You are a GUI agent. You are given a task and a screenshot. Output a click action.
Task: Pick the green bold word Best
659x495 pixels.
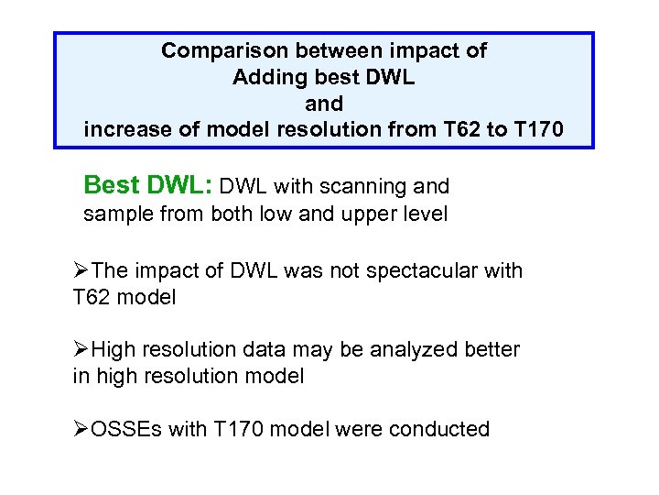[x=110, y=186]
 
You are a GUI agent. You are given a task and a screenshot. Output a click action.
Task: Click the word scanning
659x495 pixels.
[x=369, y=187]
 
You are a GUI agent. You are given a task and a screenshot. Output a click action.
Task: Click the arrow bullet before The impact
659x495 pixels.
[x=82, y=271]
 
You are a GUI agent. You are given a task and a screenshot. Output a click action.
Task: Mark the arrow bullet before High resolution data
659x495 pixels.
[x=82, y=350]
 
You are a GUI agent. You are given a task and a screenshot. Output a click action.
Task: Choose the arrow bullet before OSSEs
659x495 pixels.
[x=82, y=429]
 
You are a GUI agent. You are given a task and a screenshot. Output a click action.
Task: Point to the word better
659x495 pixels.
[x=489, y=350]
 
